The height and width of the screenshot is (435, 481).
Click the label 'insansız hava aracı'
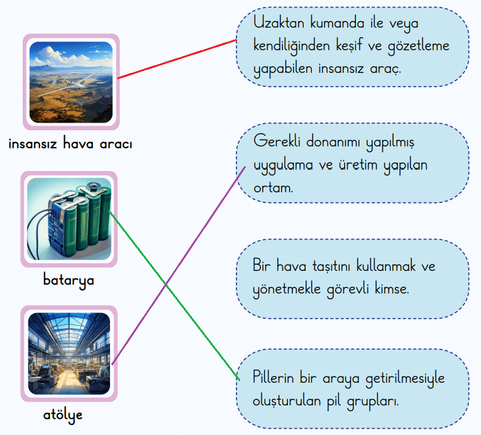click(x=70, y=144)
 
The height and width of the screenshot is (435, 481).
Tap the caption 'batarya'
click(x=69, y=280)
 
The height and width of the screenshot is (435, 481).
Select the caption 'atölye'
click(x=63, y=415)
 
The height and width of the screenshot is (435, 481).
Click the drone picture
click(x=71, y=82)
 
